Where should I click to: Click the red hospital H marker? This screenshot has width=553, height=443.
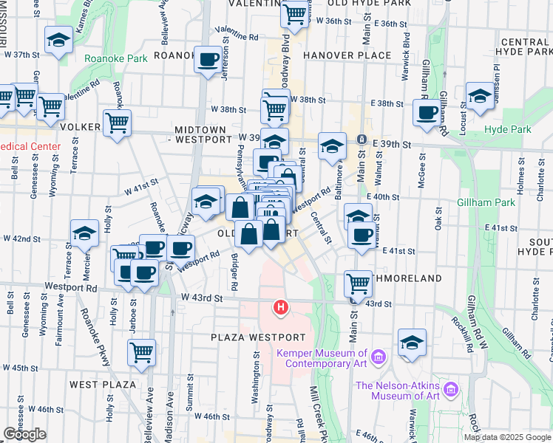[281, 306]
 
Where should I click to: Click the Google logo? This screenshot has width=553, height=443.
[24, 434]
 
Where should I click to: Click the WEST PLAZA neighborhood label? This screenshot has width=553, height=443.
[103, 385]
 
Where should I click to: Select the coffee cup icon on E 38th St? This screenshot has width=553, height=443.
[426, 112]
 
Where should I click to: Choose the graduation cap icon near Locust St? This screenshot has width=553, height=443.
[480, 96]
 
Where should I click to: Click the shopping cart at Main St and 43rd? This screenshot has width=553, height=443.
[358, 282]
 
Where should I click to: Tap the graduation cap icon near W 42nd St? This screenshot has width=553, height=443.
[84, 233]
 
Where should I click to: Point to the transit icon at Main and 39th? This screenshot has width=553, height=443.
[362, 140]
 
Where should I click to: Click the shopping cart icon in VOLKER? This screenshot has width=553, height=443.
[118, 123]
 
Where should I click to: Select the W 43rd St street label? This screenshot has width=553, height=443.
[202, 298]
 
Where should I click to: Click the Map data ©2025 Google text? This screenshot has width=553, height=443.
[507, 437]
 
